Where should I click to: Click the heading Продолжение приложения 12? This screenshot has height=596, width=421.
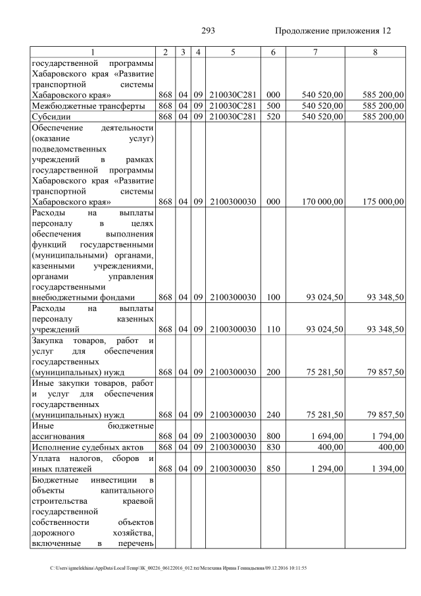[333, 31]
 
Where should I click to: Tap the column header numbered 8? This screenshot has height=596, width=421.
[375, 52]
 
